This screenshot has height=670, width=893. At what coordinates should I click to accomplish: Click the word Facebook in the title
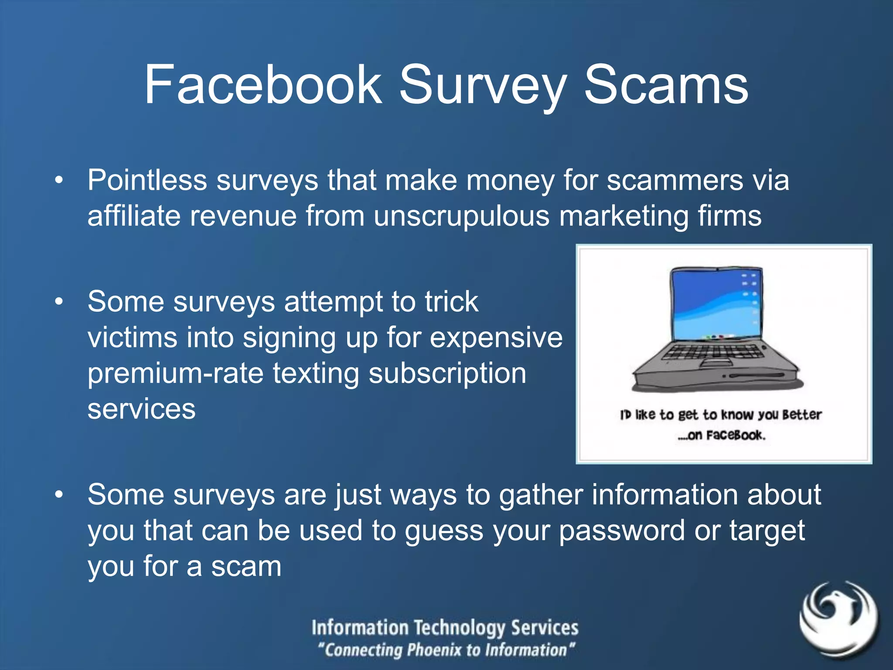point(263,85)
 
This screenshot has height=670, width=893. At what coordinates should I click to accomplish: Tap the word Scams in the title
point(666,85)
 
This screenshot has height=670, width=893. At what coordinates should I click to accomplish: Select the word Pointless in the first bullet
point(147,180)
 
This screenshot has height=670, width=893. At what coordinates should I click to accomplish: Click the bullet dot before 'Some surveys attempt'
point(59,302)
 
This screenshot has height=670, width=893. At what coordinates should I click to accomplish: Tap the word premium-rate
point(175,374)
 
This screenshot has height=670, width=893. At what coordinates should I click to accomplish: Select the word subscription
point(447,374)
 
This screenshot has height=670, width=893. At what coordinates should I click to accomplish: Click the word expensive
point(496,338)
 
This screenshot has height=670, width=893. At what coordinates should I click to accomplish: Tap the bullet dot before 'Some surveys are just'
point(59,495)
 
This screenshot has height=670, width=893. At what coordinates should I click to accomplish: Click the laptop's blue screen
point(715,305)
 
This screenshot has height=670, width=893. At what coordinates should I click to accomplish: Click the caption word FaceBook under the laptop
point(735,435)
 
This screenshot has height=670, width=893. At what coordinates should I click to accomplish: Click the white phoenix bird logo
point(838,618)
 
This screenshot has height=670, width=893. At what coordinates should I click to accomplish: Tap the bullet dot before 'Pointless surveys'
point(59,180)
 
